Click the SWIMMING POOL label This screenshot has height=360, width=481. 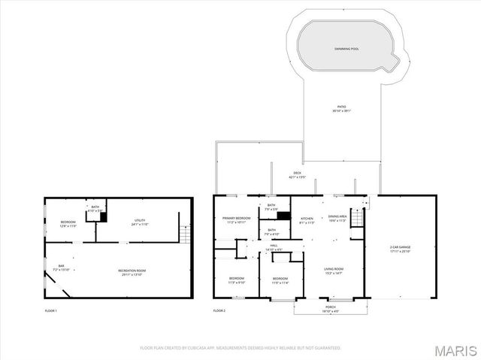346,49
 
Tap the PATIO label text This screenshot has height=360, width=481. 342,108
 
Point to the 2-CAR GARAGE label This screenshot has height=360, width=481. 400,248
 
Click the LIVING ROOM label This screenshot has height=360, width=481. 334,269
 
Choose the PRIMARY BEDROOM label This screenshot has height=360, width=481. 236,219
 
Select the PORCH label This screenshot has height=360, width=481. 331,308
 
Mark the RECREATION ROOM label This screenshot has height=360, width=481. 132,271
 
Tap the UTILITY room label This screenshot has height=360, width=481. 140,222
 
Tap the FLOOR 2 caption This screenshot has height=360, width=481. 219,310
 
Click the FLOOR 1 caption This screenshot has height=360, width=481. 50,310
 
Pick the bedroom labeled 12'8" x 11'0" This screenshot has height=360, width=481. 68,223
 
